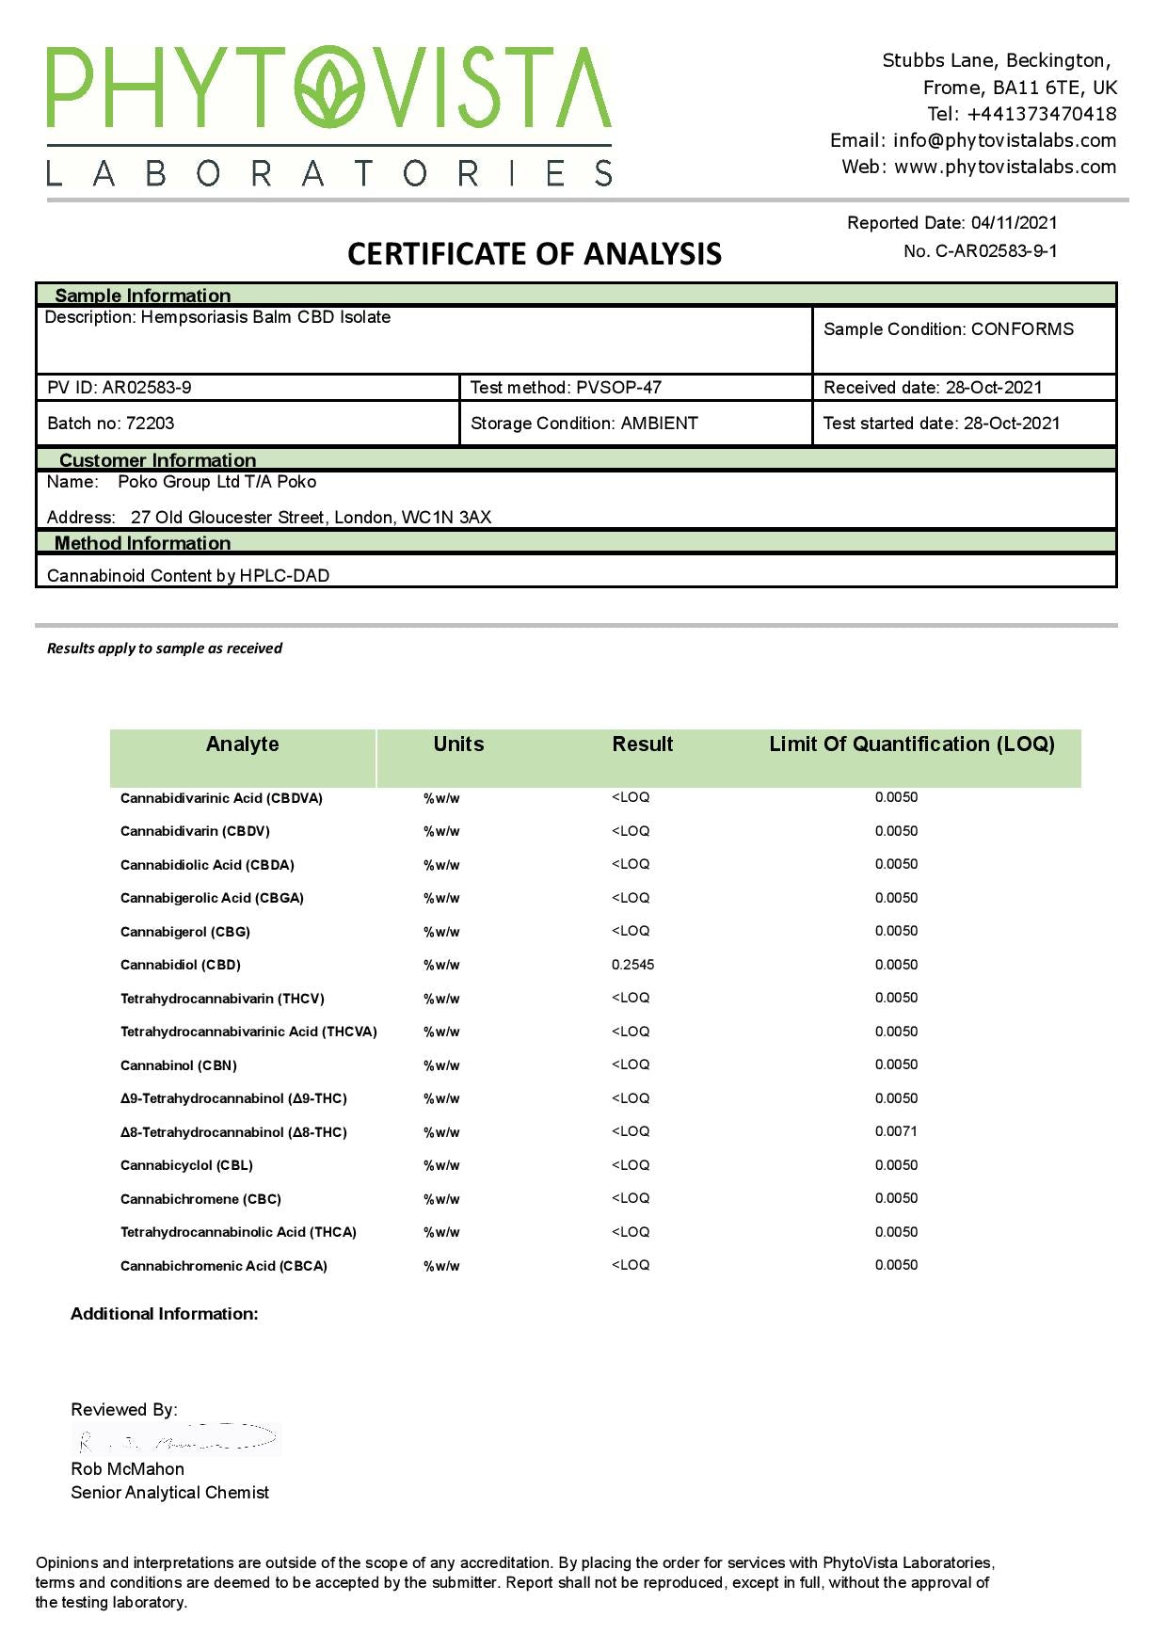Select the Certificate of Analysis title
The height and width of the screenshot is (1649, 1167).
(534, 254)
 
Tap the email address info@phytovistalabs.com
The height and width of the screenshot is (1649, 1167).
(1004, 140)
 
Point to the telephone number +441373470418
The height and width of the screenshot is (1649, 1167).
(1041, 114)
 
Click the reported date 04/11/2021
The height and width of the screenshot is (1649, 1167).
(1014, 223)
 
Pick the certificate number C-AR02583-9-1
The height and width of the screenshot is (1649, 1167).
(996, 251)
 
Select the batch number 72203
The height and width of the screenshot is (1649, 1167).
(150, 424)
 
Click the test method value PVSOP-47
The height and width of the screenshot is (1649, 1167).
(618, 388)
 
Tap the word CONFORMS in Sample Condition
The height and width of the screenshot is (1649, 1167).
(1022, 329)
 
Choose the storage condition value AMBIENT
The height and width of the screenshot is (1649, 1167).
(659, 424)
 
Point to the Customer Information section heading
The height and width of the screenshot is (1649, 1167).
(157, 460)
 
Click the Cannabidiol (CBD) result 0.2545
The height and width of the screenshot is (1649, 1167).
(632, 965)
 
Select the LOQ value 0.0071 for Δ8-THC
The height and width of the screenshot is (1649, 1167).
(896, 1131)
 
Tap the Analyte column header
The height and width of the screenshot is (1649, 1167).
(242, 744)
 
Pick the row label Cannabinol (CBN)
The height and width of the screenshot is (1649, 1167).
(179, 1065)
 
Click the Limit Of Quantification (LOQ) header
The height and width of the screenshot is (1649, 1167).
(911, 744)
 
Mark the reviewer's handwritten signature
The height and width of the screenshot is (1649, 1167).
(177, 1439)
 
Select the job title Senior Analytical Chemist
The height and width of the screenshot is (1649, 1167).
(169, 1493)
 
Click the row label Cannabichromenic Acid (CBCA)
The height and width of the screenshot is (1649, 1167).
(224, 1266)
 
